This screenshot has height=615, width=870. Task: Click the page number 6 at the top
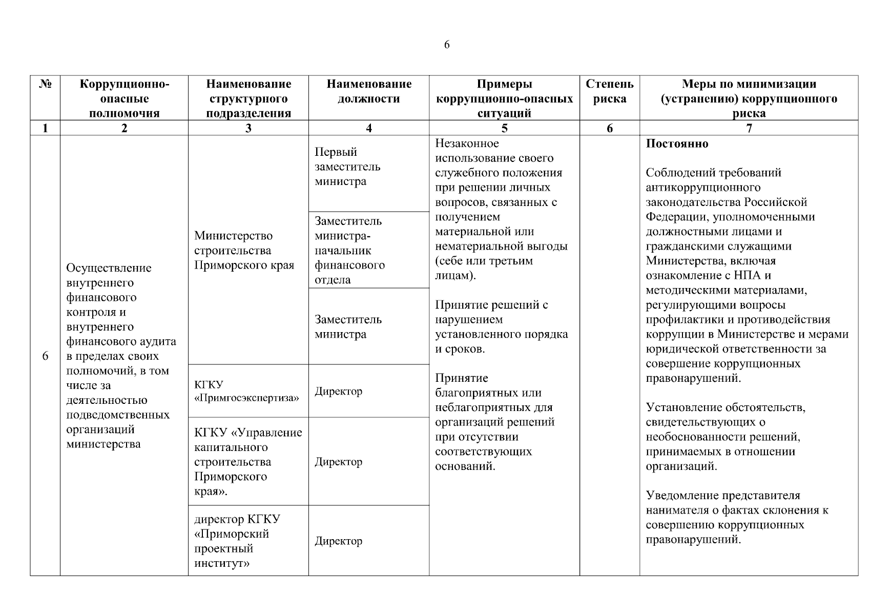447,45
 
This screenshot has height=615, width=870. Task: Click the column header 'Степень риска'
609,91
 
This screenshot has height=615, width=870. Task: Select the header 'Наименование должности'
368,91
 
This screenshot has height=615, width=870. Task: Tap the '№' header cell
45,84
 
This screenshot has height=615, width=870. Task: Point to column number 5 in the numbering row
504,128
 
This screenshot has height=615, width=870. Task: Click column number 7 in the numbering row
749,128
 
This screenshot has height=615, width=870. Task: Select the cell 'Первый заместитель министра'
347,167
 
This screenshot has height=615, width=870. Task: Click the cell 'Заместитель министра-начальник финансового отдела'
349,250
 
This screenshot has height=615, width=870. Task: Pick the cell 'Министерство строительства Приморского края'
244,250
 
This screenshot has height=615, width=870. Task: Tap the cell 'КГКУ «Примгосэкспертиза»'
246,391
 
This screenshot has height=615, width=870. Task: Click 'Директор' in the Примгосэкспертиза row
338,392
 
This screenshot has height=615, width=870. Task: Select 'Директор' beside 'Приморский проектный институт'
338,541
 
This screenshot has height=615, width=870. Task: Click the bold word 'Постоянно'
677,143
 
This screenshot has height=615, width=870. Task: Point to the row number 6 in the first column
45,356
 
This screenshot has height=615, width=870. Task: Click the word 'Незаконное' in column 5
467,143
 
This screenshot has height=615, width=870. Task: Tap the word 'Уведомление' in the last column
682,496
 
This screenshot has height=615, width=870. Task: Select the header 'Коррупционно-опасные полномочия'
124,98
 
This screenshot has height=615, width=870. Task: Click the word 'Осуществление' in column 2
109,268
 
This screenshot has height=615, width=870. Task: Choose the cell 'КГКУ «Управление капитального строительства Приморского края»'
248,462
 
